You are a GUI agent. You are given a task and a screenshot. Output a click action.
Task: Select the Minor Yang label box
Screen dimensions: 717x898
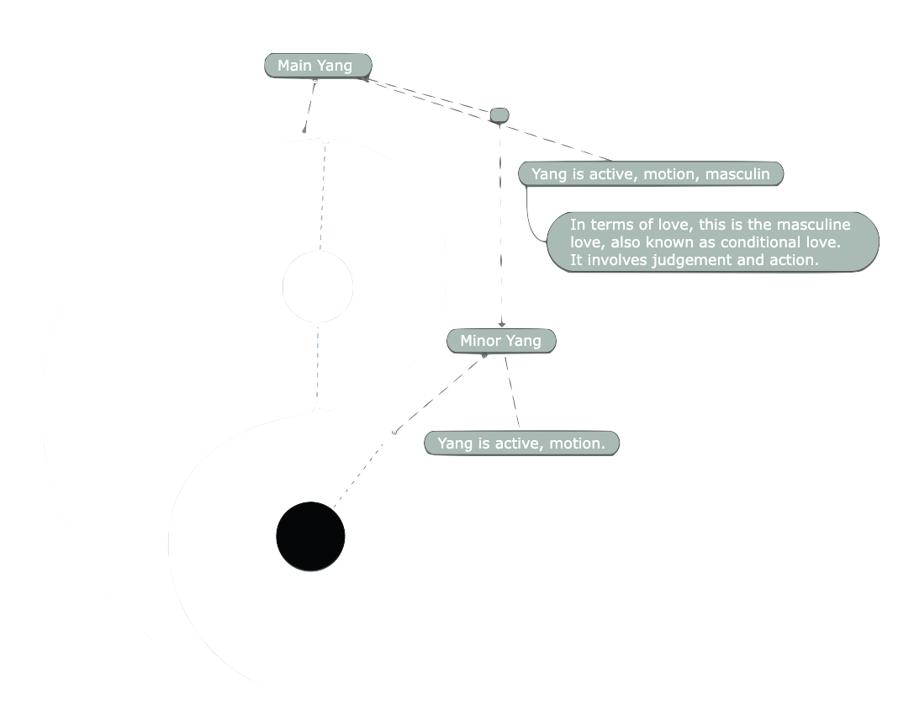click(501, 341)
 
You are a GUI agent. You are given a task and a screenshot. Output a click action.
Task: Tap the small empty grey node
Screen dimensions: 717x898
click(499, 114)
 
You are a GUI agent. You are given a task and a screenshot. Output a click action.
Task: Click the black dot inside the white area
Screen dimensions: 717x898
click(318, 287)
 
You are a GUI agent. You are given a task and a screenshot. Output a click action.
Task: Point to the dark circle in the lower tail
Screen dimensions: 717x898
click(310, 536)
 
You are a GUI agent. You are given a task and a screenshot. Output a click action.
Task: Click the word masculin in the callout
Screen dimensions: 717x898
click(737, 174)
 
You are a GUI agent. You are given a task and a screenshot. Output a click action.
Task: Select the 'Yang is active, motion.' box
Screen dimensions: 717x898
click(521, 443)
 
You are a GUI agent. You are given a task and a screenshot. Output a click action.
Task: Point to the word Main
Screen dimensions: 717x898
click(295, 66)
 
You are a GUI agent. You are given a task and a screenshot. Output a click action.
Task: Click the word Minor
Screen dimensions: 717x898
click(480, 341)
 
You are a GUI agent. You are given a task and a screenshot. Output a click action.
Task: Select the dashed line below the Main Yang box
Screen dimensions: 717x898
click(309, 106)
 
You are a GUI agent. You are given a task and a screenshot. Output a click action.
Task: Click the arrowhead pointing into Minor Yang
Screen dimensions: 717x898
click(501, 323)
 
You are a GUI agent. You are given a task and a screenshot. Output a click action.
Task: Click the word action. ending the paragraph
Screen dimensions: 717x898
click(794, 260)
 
